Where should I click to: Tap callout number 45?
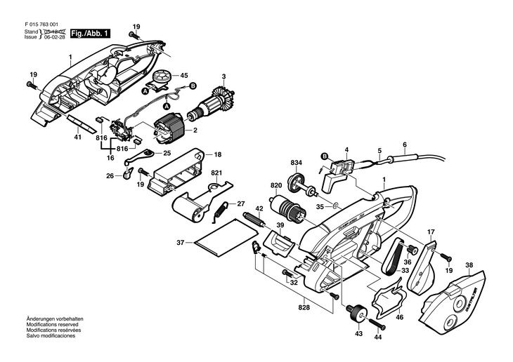[x=184, y=75]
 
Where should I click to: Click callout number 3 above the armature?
[x=223, y=76]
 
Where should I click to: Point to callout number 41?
[x=78, y=138]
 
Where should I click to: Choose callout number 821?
[x=216, y=173]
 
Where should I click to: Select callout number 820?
[x=276, y=186]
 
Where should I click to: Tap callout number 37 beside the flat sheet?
[x=180, y=243]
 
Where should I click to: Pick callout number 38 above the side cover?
[x=469, y=265]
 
